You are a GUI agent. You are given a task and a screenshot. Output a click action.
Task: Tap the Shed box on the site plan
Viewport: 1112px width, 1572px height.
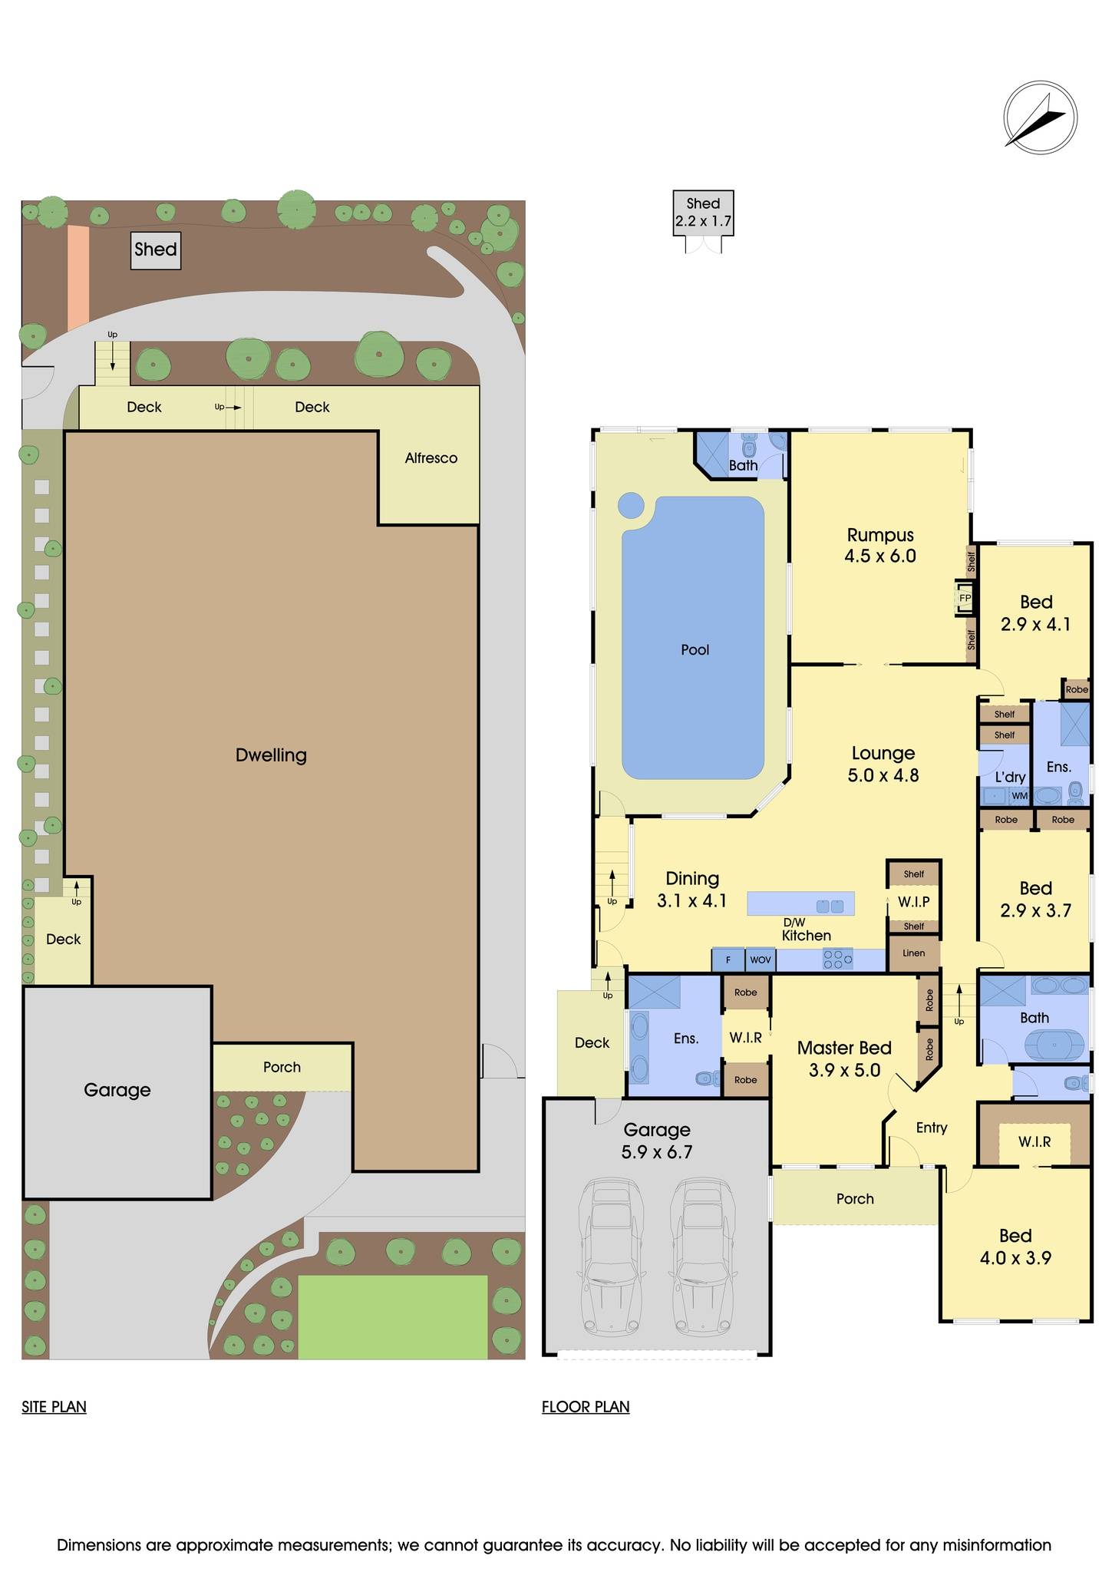tap(156, 250)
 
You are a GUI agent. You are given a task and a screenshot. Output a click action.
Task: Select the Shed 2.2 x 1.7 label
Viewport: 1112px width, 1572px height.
tap(703, 213)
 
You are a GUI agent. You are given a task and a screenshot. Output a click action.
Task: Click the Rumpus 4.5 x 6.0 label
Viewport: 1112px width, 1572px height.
tap(880, 546)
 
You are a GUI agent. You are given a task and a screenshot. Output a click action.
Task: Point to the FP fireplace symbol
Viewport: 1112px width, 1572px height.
tap(964, 598)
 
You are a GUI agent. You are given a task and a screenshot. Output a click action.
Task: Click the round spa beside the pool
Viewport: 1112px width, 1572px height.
tap(631, 505)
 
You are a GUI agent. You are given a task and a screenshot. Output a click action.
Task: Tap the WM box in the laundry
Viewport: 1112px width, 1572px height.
tap(1019, 796)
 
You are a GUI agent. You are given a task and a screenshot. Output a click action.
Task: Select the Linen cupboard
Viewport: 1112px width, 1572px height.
tap(913, 953)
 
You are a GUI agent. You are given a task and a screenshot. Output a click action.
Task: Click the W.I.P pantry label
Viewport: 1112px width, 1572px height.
tap(913, 901)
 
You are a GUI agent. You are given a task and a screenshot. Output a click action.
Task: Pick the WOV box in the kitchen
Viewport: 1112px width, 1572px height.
tap(760, 959)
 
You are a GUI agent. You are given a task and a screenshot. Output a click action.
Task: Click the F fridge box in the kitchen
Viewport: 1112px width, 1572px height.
tap(728, 959)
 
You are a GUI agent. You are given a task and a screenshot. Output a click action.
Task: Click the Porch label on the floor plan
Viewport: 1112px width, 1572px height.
tap(855, 1199)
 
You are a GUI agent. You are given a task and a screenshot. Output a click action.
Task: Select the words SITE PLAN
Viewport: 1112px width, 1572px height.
tap(54, 1407)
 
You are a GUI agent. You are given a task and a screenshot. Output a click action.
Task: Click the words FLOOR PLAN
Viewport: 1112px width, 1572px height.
tap(586, 1407)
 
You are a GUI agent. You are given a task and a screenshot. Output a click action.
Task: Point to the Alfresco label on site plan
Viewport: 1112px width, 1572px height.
tap(431, 458)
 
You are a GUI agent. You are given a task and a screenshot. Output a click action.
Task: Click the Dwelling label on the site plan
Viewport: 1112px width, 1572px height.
tap(271, 755)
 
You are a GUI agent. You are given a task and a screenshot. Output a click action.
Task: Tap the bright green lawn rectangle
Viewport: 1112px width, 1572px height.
tap(392, 1317)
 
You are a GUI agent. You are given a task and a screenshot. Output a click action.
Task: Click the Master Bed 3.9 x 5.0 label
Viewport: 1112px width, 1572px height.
tap(844, 1058)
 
